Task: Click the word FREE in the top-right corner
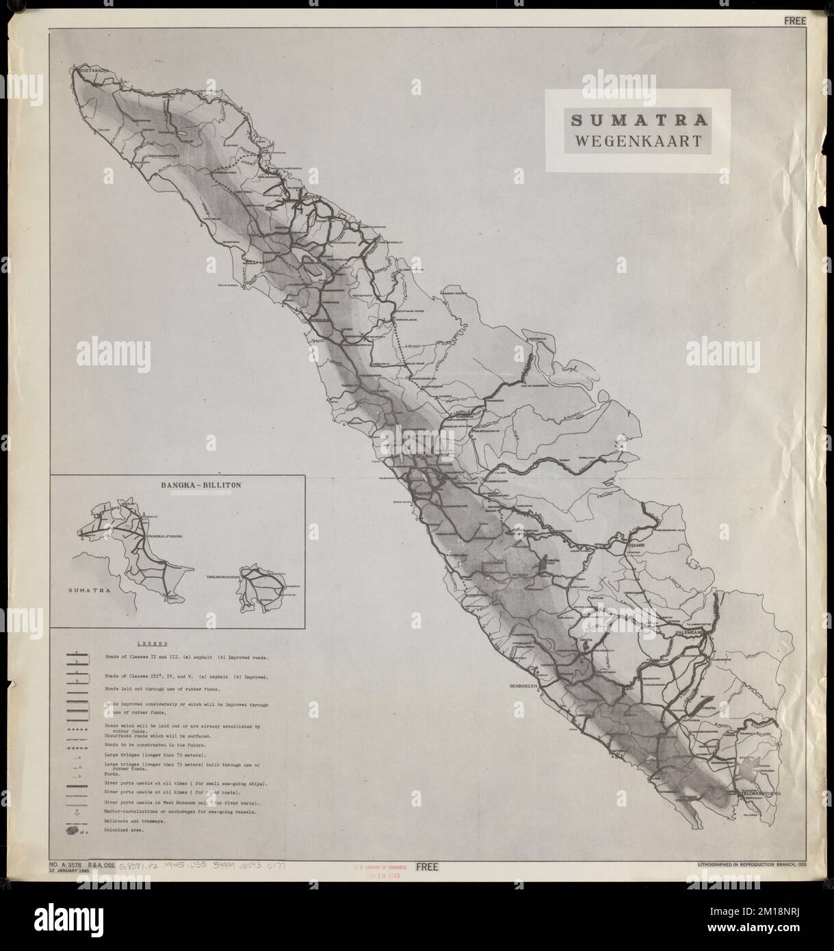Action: (x=796, y=21)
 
